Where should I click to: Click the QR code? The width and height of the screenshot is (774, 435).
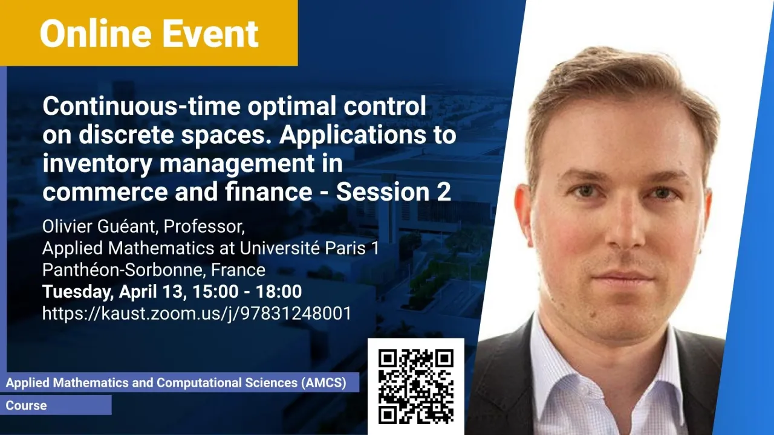tap(416, 387)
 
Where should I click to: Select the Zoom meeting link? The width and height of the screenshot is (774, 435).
tap(197, 314)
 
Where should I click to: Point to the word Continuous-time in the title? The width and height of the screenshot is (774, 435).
tap(141, 106)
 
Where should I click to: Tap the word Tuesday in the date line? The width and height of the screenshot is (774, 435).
tap(78, 291)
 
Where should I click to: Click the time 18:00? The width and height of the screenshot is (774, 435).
tap(279, 291)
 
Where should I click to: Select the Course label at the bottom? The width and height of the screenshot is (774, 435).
tap(26, 405)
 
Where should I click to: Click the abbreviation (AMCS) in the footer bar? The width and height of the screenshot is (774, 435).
tap(324, 382)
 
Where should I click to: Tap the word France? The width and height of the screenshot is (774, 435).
tap(238, 270)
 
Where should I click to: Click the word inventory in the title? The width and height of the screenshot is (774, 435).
tap(97, 164)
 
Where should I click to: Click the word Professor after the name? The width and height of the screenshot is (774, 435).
tap(204, 227)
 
